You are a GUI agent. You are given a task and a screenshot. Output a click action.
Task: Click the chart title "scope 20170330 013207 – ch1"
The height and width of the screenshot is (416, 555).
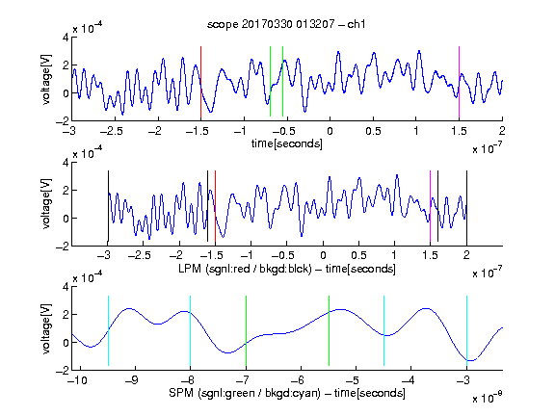tap(286, 24)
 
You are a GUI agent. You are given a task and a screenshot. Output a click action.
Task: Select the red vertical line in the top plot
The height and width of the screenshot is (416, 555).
tap(200, 82)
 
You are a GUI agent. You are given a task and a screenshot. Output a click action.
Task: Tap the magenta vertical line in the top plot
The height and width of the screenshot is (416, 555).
tap(459, 82)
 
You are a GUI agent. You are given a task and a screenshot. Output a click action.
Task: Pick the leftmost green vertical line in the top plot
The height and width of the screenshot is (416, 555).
tap(270, 81)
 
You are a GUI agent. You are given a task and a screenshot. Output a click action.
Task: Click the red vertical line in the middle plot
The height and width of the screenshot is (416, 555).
tap(215, 206)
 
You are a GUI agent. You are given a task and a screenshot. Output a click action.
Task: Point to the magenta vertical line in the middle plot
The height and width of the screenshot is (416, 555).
tap(431, 206)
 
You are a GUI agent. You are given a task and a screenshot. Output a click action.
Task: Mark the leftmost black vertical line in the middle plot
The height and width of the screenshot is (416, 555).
tap(108, 206)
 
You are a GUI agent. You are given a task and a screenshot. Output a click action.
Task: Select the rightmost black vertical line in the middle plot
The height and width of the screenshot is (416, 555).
tap(466, 206)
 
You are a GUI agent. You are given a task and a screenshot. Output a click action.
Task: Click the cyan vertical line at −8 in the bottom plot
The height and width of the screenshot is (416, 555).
tap(191, 330)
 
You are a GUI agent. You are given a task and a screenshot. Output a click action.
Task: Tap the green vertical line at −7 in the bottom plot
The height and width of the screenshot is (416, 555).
tap(246, 330)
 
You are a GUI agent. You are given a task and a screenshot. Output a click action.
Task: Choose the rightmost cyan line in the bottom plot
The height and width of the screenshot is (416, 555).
tap(466, 330)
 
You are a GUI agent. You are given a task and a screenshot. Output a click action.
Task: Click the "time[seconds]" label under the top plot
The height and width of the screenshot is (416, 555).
tap(287, 143)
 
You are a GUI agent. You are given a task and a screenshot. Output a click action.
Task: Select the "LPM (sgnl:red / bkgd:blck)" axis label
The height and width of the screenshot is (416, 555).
tap(245, 269)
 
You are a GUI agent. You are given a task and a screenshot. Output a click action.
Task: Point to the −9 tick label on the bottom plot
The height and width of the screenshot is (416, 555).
tap(132, 380)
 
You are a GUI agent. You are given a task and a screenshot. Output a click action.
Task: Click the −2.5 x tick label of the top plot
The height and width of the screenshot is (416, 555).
tap(111, 131)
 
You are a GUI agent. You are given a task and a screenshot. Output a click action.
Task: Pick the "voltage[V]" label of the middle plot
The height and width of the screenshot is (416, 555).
tap(46, 204)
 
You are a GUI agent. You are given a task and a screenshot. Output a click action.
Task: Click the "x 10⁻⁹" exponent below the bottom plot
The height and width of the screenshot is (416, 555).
tap(487, 398)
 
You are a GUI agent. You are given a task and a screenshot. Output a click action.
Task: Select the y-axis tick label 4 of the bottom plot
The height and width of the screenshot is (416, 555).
tap(66, 287)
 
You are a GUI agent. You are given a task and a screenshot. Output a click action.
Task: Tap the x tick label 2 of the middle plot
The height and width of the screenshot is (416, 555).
tap(466, 255)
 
